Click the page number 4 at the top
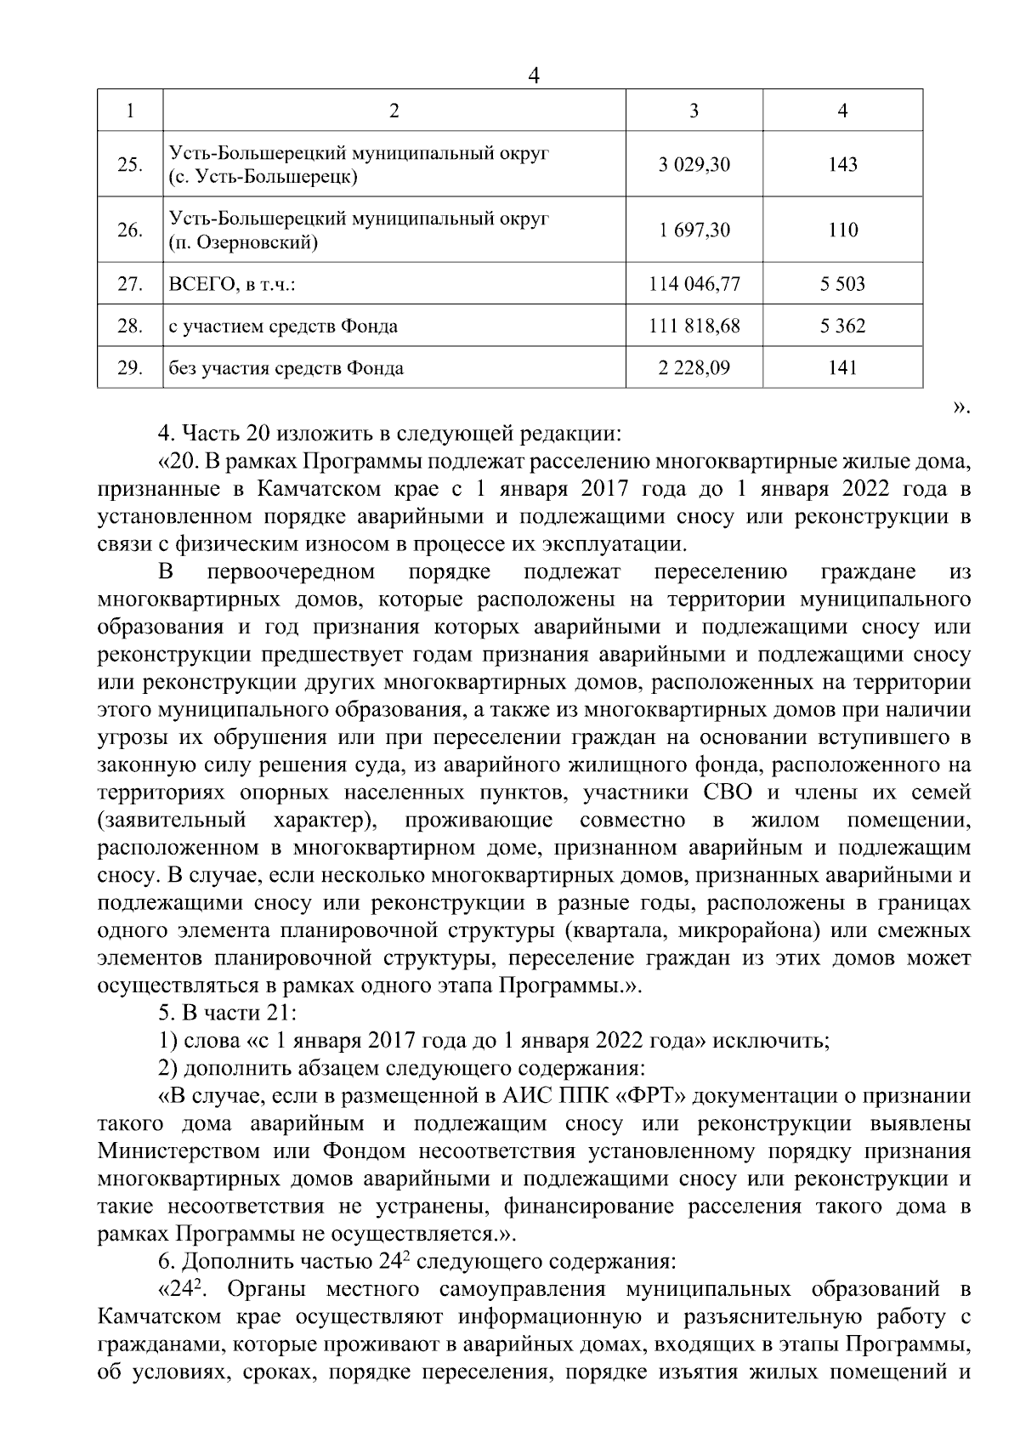pos(534,75)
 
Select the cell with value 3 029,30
pos(694,164)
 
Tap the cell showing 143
pos(842,164)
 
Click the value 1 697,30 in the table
pos(694,230)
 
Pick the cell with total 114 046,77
pos(694,284)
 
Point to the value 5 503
pos(842,284)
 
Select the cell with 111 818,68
pos(694,326)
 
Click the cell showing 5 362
pos(842,326)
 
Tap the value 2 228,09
pos(694,367)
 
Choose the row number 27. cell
pos(129,284)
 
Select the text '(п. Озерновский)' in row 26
pos(244,243)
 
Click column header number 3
pos(694,111)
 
